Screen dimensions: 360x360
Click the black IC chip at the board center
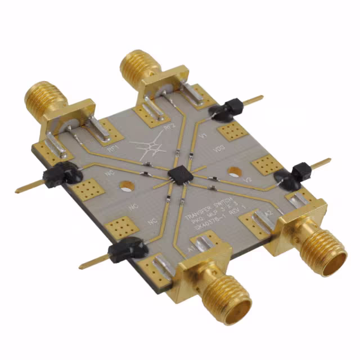[178, 174]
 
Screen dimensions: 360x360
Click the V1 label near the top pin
[204, 137]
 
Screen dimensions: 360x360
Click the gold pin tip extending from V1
[256, 100]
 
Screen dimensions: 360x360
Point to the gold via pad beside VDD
[231, 132]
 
